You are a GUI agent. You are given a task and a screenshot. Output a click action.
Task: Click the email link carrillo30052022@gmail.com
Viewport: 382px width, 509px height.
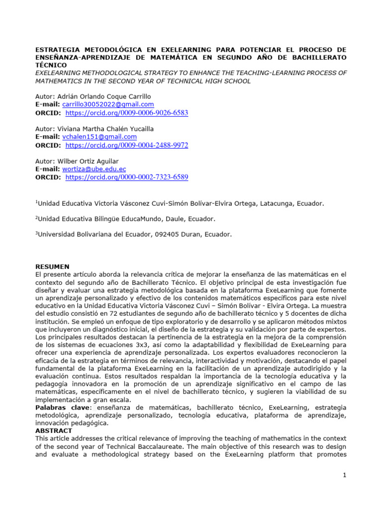pos(108,104)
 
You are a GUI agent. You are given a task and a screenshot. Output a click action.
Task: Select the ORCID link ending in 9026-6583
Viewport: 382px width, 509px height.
pos(127,113)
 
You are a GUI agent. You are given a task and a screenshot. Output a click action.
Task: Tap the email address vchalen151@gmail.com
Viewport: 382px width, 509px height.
pos(99,137)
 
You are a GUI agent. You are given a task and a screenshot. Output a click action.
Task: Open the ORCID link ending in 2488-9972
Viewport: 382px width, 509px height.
pos(127,145)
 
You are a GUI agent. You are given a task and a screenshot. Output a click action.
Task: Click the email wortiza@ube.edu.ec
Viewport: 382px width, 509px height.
pos(94,169)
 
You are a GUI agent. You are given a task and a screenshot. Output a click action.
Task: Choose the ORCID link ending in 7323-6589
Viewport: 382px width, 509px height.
pos(127,177)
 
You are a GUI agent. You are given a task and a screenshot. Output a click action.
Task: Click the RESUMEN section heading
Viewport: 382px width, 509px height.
pos(52,267)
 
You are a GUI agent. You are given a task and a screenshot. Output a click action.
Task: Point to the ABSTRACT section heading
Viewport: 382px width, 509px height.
pos(54,430)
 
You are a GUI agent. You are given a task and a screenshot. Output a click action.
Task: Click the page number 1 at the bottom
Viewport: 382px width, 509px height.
pos(344,476)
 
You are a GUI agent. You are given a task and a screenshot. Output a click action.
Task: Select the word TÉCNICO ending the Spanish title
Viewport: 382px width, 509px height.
pos(51,65)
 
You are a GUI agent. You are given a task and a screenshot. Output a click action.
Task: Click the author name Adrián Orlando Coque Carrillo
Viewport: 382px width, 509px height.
pos(104,96)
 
